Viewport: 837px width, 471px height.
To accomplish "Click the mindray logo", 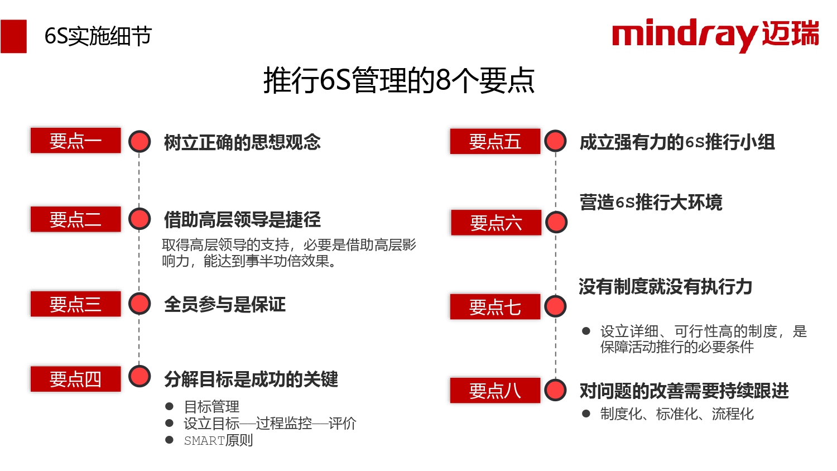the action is (715, 35).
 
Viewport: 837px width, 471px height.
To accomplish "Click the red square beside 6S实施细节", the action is (13, 36).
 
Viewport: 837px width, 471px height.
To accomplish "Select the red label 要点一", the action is (75, 141).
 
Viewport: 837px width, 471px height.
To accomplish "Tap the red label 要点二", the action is (75, 219).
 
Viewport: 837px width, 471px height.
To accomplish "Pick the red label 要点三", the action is (75, 304).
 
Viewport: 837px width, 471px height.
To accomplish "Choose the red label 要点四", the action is (75, 379).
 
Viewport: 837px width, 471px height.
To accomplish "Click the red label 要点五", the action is (495, 141).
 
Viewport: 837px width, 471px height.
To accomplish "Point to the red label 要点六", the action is (496, 223).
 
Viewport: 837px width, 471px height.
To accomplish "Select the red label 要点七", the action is (495, 306).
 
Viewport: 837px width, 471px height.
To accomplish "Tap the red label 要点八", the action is (495, 390).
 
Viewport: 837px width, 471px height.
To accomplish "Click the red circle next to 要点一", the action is (139, 141).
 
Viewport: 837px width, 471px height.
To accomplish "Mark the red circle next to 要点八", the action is (555, 390).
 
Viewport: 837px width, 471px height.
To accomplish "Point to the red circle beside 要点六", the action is (556, 222).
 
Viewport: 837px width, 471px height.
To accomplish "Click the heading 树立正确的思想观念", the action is (242, 142).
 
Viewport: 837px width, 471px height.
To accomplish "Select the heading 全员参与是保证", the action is (224, 304).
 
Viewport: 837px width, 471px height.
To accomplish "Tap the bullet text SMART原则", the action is (219, 440).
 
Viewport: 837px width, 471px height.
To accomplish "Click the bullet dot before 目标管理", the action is (169, 406).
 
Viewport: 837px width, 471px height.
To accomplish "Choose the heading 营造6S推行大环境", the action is (651, 202).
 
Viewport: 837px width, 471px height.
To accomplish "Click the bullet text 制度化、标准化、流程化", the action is (677, 414).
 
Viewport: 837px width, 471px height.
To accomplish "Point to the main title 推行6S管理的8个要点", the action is (399, 80).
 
